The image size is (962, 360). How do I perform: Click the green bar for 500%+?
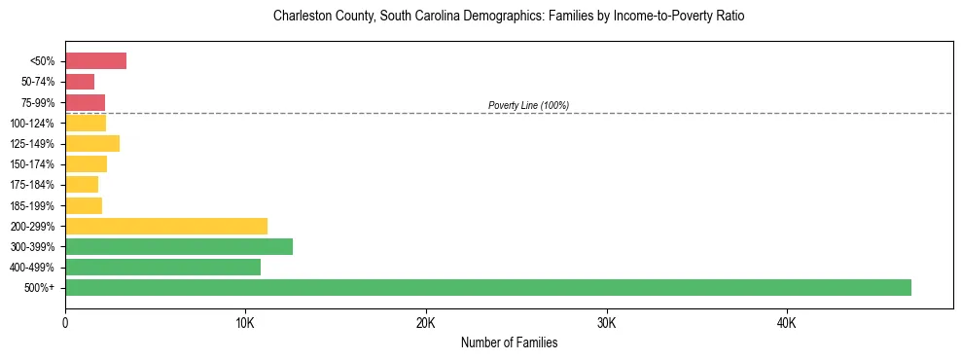(x=487, y=287)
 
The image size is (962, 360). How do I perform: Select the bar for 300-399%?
(x=179, y=246)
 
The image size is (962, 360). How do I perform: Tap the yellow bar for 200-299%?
(x=166, y=226)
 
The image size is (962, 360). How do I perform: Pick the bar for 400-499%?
(x=162, y=267)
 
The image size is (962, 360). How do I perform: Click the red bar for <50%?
(x=95, y=61)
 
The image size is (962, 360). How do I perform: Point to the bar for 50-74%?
(x=80, y=82)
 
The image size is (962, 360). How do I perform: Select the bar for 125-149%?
(x=92, y=144)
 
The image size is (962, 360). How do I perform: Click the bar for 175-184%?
(x=82, y=185)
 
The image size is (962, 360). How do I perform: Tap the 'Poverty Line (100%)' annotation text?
(x=528, y=105)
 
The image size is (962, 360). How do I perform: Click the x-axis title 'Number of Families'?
(x=509, y=343)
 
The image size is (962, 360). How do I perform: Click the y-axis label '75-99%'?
(x=39, y=103)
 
